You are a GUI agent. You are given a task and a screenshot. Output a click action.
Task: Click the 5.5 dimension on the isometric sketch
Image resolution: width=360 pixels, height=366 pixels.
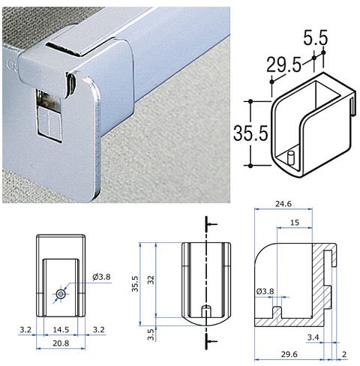coord(315,39)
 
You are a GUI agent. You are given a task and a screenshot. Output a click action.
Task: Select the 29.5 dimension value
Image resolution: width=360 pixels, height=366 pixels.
coord(283,65)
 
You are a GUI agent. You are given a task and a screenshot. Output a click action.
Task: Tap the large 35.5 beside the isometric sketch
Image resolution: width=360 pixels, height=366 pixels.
coord(250,133)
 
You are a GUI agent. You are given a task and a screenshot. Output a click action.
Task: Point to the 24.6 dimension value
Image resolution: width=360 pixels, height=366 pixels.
coord(283,204)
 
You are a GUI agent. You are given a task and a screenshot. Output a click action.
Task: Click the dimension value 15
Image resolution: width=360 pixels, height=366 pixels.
coord(295,222)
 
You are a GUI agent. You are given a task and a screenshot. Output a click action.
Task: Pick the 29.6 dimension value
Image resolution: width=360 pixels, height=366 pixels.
coord(289,354)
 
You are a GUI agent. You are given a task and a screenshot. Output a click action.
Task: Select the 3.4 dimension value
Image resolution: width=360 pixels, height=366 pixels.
coord(313,337)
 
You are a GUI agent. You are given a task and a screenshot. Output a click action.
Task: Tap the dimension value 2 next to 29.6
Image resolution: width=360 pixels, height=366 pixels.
coord(344,354)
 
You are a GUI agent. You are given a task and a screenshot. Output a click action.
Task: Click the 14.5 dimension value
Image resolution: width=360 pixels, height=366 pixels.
coord(61,329)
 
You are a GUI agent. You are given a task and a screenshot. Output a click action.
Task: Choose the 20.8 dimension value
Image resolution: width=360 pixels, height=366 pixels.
coord(61,343)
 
